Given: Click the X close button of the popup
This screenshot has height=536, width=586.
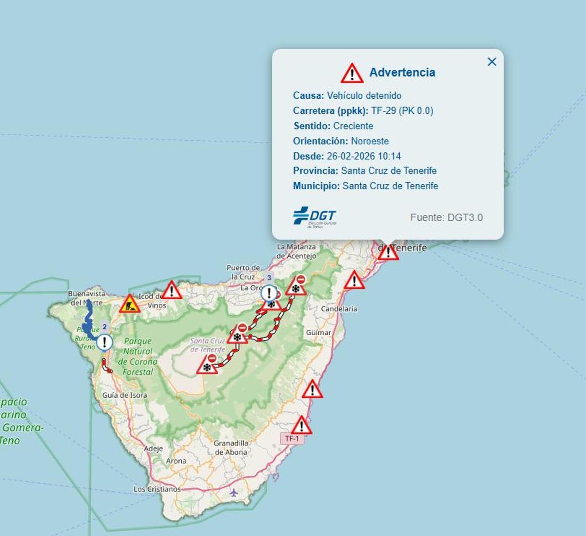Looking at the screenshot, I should (x=492, y=62).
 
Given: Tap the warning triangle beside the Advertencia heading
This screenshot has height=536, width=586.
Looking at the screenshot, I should (x=352, y=73).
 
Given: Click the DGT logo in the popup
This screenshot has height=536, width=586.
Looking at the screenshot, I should (x=315, y=216).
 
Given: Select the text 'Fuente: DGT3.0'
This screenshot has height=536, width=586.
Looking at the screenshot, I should (x=446, y=217).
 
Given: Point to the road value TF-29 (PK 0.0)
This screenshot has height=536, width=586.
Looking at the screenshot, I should (x=402, y=110).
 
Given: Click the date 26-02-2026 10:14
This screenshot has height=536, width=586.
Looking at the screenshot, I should (x=364, y=156).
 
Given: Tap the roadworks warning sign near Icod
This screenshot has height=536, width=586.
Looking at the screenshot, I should (x=129, y=304).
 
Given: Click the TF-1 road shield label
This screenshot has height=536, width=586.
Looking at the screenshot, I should (x=292, y=439).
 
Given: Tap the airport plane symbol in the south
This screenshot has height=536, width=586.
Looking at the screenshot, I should (x=234, y=492).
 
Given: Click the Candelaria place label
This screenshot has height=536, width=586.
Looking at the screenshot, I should (x=339, y=309).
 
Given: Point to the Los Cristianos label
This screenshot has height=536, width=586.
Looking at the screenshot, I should (x=157, y=489).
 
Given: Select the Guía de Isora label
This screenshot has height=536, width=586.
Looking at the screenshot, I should (x=125, y=395).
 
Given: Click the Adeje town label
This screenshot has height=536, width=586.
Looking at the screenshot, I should (x=153, y=449).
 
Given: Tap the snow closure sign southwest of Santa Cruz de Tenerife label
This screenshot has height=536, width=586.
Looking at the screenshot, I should (x=208, y=365).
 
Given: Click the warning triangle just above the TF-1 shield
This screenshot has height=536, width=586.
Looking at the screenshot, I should (x=301, y=426).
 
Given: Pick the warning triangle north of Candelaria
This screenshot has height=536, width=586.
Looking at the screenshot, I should (x=354, y=280).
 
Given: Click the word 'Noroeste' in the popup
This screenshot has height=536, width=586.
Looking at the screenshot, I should (x=370, y=141).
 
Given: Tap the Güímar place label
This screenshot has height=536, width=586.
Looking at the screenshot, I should (x=318, y=332).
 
